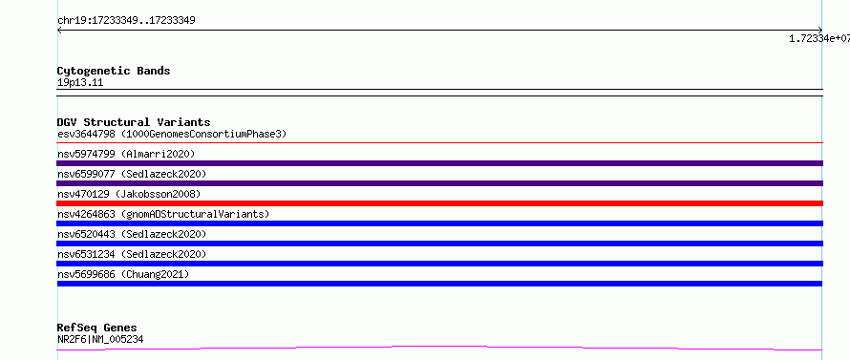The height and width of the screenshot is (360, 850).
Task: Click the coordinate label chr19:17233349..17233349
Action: tap(126, 21)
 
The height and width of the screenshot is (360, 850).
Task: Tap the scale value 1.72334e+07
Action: tap(819, 38)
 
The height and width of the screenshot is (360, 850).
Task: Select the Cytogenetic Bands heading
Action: tap(114, 71)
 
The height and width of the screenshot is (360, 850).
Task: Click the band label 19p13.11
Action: tap(80, 83)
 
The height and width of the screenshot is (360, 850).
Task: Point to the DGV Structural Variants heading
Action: tap(134, 122)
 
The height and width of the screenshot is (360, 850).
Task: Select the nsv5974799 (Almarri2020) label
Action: tap(126, 154)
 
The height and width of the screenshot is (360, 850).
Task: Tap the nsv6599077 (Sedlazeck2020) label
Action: tap(132, 174)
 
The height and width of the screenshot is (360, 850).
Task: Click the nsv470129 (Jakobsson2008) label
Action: tap(129, 194)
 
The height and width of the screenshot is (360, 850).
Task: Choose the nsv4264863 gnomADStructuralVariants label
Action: tap(163, 214)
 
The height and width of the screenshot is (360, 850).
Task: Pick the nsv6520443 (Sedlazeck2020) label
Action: tap(132, 234)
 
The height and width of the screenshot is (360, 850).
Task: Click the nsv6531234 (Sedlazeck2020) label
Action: tap(132, 254)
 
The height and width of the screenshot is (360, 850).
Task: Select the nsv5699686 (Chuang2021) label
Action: tap(123, 274)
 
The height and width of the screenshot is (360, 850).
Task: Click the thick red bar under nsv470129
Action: tap(439, 203)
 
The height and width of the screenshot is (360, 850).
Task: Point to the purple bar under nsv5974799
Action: tap(439, 163)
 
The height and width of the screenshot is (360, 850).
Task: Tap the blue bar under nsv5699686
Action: tap(439, 284)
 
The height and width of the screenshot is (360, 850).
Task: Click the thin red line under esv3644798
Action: tap(439, 142)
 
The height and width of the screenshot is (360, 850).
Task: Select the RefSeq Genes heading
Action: tap(97, 328)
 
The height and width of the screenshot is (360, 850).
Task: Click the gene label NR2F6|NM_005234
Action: tap(100, 340)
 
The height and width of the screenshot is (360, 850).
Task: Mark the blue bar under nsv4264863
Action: tap(439, 223)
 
